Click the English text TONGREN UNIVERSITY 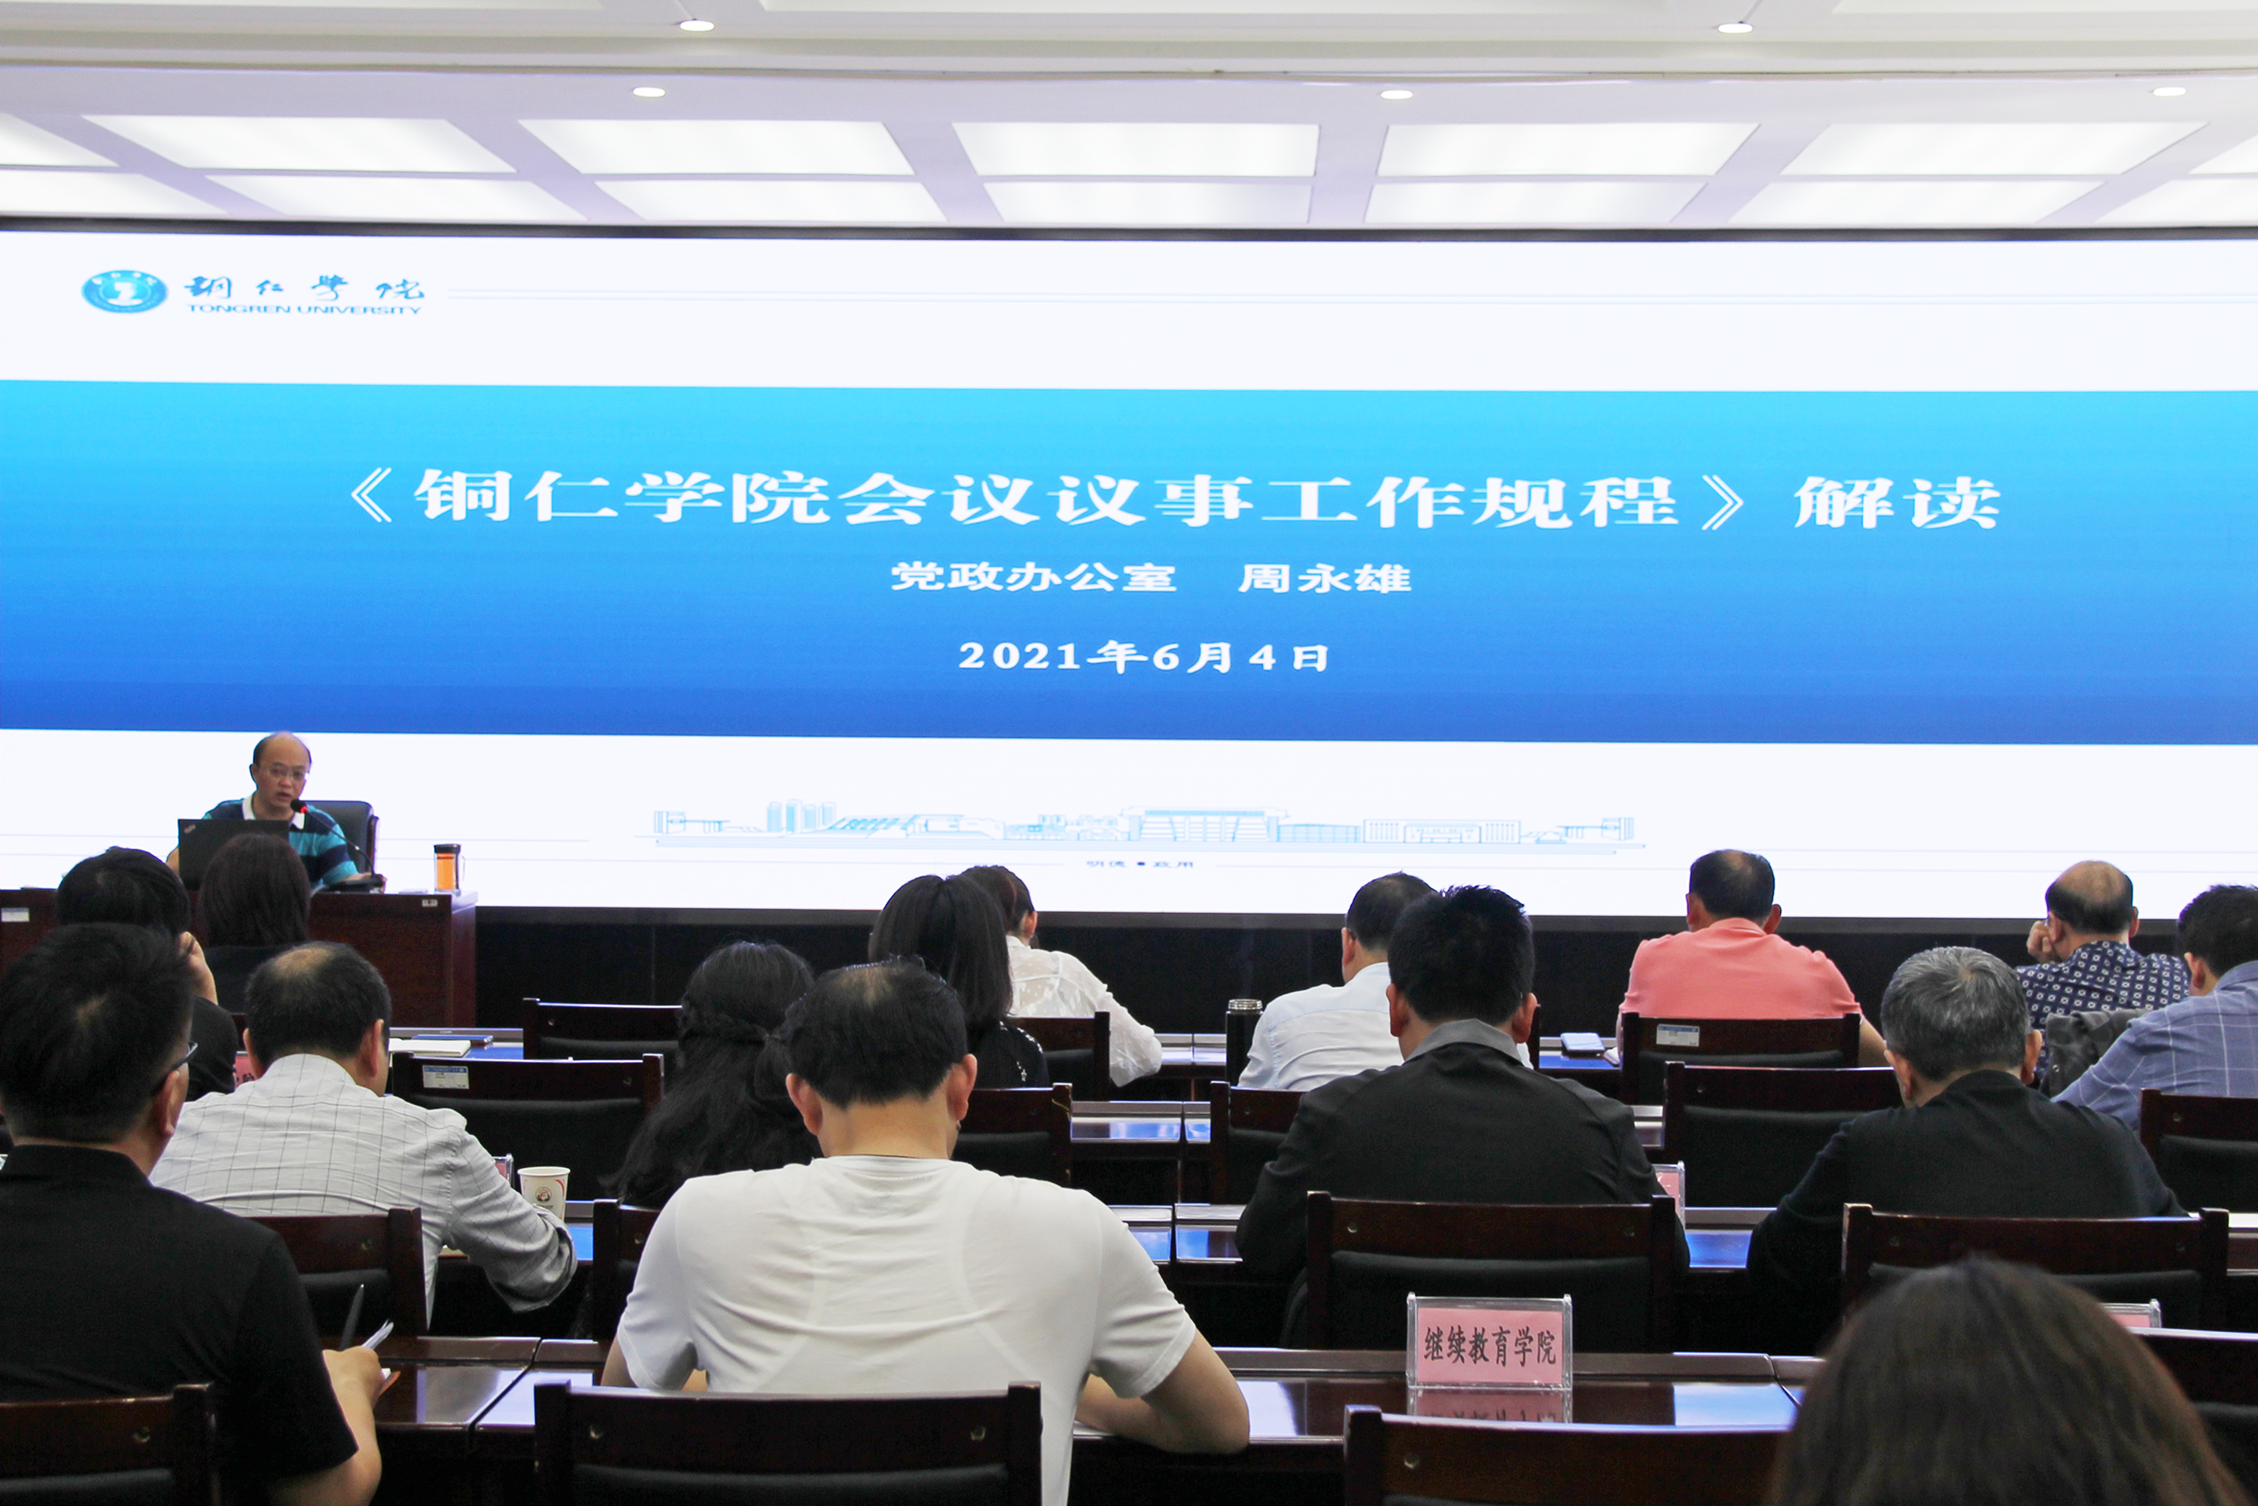303,309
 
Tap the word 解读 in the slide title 1896,501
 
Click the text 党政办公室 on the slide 1033,577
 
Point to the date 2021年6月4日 1143,657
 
